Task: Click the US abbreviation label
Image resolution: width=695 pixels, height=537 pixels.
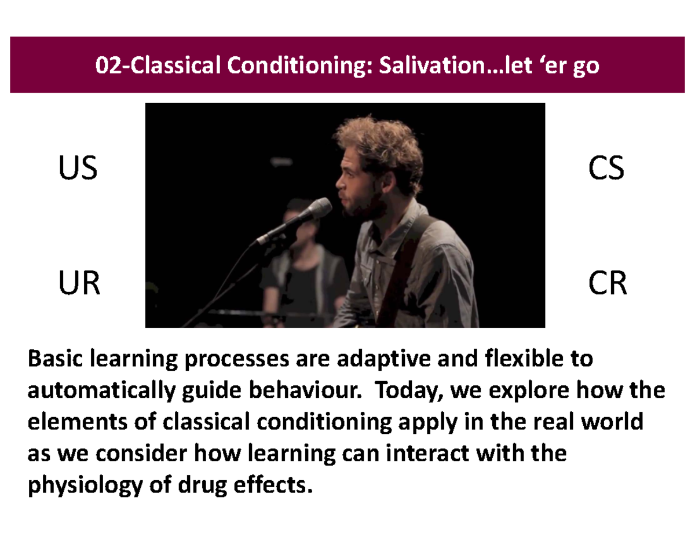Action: pos(77,170)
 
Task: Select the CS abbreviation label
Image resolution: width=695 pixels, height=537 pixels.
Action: pos(606,170)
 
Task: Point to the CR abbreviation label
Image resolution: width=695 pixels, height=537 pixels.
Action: pos(607,284)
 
